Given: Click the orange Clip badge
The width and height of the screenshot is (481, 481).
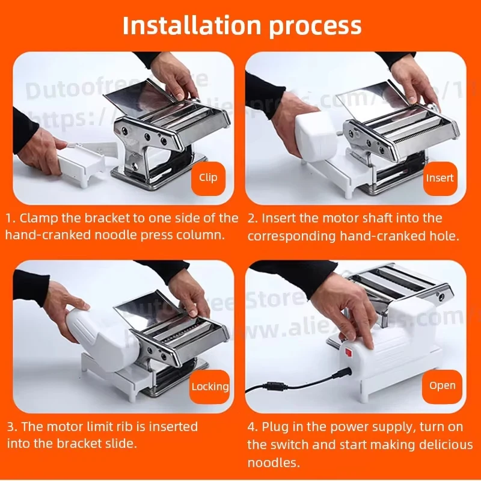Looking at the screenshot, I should click(209, 178).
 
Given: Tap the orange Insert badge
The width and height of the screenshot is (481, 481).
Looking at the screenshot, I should click(440, 178).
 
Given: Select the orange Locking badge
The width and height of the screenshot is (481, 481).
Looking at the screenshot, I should click(210, 387).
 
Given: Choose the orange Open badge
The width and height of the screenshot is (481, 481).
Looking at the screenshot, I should click(442, 385).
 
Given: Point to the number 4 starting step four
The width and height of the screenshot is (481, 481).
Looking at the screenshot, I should click(251, 426).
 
